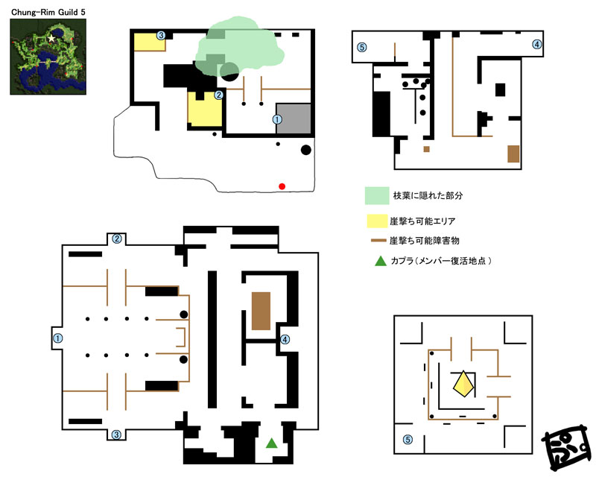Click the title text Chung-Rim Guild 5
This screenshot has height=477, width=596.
point(48,12)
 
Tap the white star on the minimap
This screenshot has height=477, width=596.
point(51,39)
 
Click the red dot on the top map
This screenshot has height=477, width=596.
point(282,186)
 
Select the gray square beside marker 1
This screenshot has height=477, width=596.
point(293,119)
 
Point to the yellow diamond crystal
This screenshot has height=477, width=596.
point(463,384)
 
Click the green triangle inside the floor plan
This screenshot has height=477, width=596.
point(271,443)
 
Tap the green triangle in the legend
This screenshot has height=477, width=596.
point(381,261)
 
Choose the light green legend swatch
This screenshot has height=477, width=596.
point(377,195)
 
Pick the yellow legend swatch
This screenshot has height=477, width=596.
point(377,221)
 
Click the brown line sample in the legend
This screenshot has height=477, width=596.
point(378,241)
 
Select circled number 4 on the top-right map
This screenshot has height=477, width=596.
point(536,45)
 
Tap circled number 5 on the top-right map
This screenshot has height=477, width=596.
point(362,48)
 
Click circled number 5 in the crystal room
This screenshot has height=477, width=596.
point(408,440)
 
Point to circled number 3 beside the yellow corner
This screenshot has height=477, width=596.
point(161,36)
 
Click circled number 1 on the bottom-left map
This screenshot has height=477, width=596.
point(58,338)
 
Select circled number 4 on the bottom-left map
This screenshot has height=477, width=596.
point(285,339)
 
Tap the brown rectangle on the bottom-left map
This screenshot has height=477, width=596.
point(261,311)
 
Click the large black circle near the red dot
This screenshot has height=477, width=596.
point(306,150)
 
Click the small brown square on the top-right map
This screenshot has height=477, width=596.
point(426,149)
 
